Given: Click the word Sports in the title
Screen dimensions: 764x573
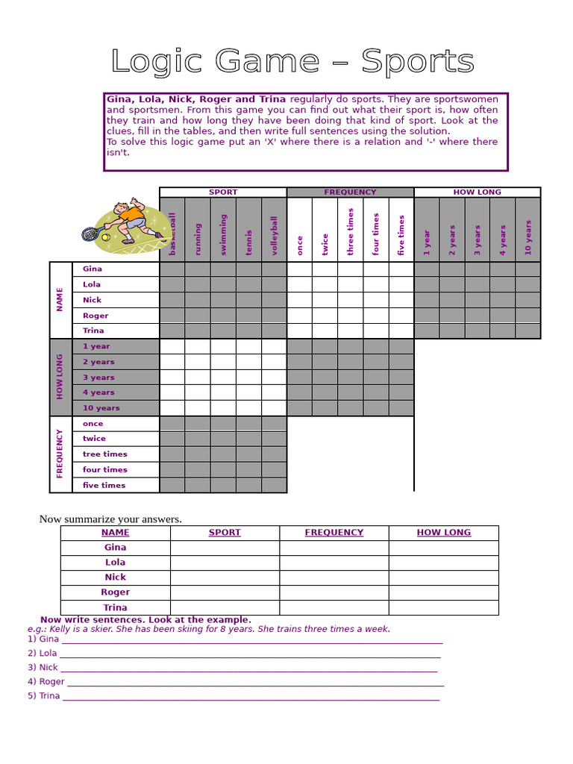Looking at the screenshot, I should pyautogui.click(x=417, y=61).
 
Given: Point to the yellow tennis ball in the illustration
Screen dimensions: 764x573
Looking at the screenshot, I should pyautogui.click(x=106, y=237).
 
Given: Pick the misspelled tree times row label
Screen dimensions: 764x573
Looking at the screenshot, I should pyautogui.click(x=104, y=454).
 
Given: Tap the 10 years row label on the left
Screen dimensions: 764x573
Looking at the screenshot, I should pyautogui.click(x=101, y=408).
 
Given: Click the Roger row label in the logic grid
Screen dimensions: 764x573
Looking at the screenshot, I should pyautogui.click(x=95, y=316).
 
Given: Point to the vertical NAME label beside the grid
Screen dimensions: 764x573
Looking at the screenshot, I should pyautogui.click(x=60, y=299).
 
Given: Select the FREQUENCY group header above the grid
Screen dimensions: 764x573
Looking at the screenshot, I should pyautogui.click(x=350, y=192).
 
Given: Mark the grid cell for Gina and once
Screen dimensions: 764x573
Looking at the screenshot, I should pyautogui.click(x=299, y=269).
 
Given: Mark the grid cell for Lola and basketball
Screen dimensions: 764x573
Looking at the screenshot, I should pyautogui.click(x=172, y=284).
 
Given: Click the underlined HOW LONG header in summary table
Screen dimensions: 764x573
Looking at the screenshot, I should pyautogui.click(x=443, y=533).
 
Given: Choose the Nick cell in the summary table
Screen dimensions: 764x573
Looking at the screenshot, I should pyautogui.click(x=115, y=577).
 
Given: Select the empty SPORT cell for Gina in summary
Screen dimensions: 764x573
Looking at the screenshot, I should pyautogui.click(x=225, y=548).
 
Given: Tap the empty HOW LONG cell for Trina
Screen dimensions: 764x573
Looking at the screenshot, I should pyautogui.click(x=443, y=607).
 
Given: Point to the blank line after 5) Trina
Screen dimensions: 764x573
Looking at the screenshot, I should pyautogui.click(x=251, y=696).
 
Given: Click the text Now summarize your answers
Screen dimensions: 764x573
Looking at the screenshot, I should pyautogui.click(x=110, y=519).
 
